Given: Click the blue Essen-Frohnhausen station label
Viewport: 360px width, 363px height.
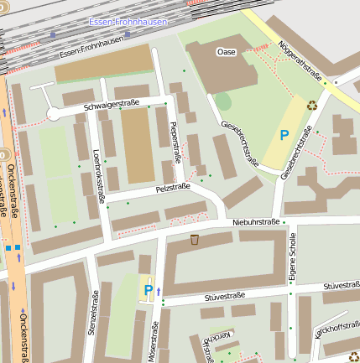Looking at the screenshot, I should pyautogui.click(x=127, y=21).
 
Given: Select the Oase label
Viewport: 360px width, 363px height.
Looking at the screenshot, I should pyautogui.click(x=227, y=52).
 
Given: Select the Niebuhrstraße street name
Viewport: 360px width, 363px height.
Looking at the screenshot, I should pyautogui.click(x=256, y=222).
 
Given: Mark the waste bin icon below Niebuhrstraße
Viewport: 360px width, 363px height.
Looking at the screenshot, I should pyautogui.click(x=195, y=240).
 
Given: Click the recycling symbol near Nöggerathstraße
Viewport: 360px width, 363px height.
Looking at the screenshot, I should pyautogui.click(x=312, y=106).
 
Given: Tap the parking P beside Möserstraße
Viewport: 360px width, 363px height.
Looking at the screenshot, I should pyautogui.click(x=149, y=291).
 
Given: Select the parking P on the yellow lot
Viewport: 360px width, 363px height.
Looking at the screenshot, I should pyautogui.click(x=284, y=134).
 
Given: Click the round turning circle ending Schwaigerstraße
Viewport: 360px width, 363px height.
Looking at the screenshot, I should pyautogui.click(x=54, y=113).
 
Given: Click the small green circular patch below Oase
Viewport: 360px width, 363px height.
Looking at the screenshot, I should pyautogui.click(x=222, y=101).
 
